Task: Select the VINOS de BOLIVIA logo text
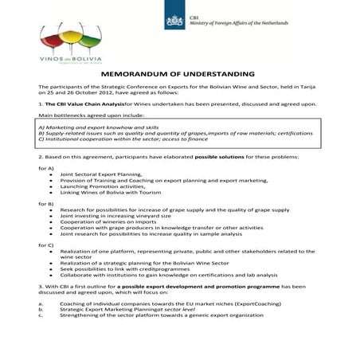point(64,59)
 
